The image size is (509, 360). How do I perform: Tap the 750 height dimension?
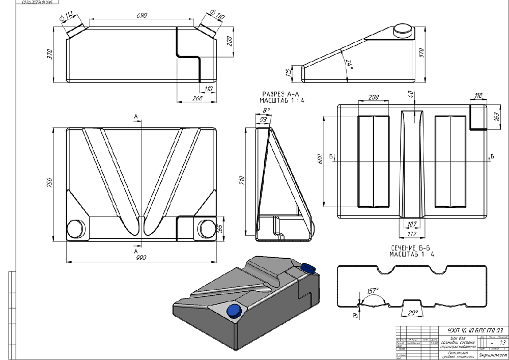pyautogui.click(x=49, y=182)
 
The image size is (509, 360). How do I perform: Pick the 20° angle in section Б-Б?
pyautogui.click(x=412, y=312)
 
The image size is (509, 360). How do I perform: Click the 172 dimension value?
pyautogui.click(x=412, y=234)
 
